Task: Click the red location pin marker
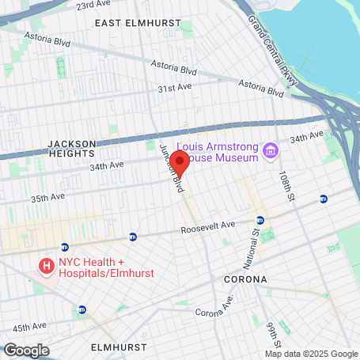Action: tap(180, 164)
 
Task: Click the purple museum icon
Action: tap(271, 150)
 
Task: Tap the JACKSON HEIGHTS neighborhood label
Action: tap(71, 148)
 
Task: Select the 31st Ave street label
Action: tap(175, 89)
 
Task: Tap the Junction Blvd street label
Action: tap(172, 168)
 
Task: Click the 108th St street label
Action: tap(285, 185)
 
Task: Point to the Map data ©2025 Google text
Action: tap(311, 354)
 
